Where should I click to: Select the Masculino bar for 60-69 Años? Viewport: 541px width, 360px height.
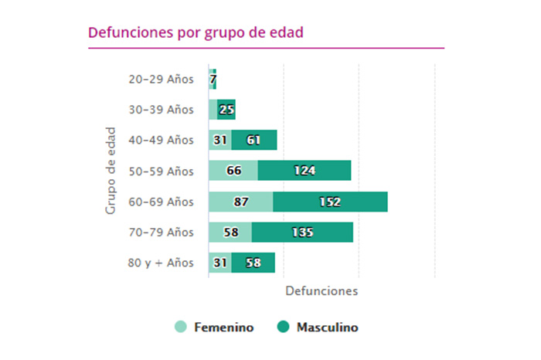[330, 202]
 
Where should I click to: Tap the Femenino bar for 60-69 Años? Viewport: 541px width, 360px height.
[240, 202]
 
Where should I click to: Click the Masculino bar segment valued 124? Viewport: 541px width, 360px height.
[305, 171]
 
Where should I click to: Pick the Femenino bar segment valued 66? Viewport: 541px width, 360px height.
[233, 171]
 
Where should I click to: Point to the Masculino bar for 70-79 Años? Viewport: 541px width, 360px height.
[302, 232]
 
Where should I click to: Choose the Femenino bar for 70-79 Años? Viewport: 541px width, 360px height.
[230, 232]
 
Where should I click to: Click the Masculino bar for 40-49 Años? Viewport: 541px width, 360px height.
[254, 140]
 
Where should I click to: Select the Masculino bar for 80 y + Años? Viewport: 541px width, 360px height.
[253, 263]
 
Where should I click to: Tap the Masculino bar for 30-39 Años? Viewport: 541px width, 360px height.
[226, 110]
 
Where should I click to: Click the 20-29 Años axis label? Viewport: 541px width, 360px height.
[161, 79]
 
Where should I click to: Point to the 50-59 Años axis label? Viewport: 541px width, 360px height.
[161, 171]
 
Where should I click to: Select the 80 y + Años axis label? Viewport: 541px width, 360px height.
[161, 263]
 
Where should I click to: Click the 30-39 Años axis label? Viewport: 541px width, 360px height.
[161, 110]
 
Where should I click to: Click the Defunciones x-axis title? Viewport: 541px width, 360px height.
[322, 291]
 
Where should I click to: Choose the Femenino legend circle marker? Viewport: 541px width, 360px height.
[181, 328]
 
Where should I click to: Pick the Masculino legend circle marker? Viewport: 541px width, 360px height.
[283, 328]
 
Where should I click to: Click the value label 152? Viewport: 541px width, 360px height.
[329, 202]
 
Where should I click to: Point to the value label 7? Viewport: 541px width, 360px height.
[213, 79]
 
